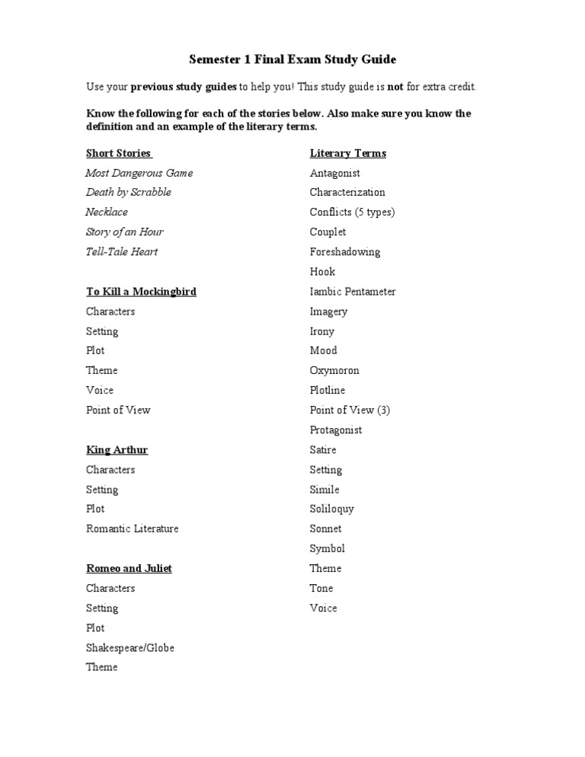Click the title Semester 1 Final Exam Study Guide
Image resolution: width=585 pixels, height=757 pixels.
pyautogui.click(x=292, y=59)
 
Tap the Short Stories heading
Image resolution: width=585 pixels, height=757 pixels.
pyautogui.click(x=118, y=153)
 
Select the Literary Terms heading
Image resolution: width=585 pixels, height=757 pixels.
pyautogui.click(x=347, y=153)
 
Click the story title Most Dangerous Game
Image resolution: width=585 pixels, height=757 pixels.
pyautogui.click(x=139, y=173)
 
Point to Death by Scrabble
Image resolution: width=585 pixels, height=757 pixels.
pyautogui.click(x=128, y=192)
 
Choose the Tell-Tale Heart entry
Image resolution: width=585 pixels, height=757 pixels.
pyautogui.click(x=122, y=251)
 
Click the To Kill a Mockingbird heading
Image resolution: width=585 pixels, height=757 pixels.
pyautogui.click(x=141, y=292)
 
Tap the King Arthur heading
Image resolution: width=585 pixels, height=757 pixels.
pyautogui.click(x=117, y=450)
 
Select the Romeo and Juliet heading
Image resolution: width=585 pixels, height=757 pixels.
pyautogui.click(x=129, y=569)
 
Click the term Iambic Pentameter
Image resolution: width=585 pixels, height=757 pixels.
pyautogui.click(x=353, y=292)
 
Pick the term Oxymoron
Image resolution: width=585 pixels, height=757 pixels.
pyautogui.click(x=334, y=371)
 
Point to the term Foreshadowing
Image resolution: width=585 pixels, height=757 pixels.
pyautogui.click(x=345, y=251)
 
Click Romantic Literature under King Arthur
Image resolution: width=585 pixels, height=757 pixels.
pyautogui.click(x=133, y=529)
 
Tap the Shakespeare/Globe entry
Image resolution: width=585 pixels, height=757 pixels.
pyautogui.click(x=130, y=648)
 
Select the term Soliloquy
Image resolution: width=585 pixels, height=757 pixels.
pyautogui.click(x=331, y=509)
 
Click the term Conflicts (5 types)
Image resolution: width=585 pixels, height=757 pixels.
pyautogui.click(x=352, y=212)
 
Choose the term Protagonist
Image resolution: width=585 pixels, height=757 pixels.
pyautogui.click(x=336, y=430)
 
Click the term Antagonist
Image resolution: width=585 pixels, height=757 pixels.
pyautogui.click(x=335, y=173)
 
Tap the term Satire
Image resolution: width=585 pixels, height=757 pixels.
pyautogui.click(x=323, y=450)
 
